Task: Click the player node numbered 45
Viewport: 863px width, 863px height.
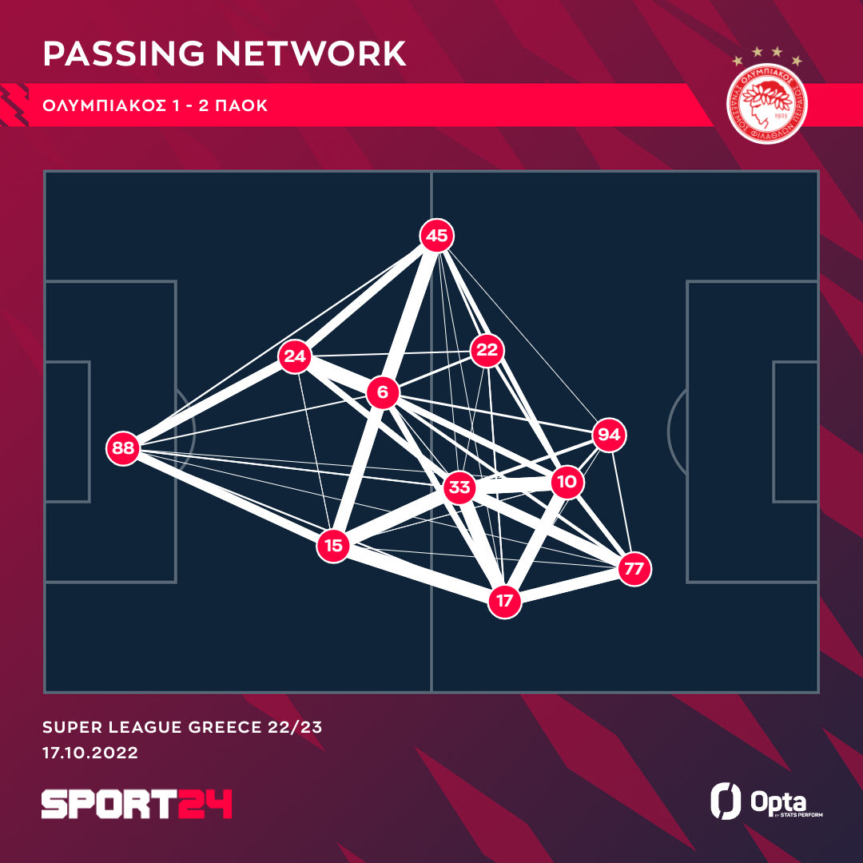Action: point(436,236)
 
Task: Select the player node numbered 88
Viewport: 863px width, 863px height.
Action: point(123,448)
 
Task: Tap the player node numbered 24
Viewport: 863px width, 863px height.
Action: point(295,356)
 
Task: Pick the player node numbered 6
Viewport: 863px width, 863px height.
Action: point(383,392)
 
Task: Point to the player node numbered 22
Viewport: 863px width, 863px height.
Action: point(486,350)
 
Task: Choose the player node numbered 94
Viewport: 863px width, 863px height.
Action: point(609,435)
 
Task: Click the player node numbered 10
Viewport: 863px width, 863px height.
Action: point(567,483)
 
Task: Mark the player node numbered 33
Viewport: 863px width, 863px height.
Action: point(460,488)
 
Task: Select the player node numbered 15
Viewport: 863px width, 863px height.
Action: point(334,547)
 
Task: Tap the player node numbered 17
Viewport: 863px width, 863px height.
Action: point(505,601)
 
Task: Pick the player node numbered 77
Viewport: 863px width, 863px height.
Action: point(634,569)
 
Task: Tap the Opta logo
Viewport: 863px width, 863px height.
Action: point(766,801)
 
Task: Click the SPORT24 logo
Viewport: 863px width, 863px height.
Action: point(137,804)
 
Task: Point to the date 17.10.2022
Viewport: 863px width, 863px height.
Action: point(90,753)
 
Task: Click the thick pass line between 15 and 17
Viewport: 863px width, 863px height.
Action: point(420,574)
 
